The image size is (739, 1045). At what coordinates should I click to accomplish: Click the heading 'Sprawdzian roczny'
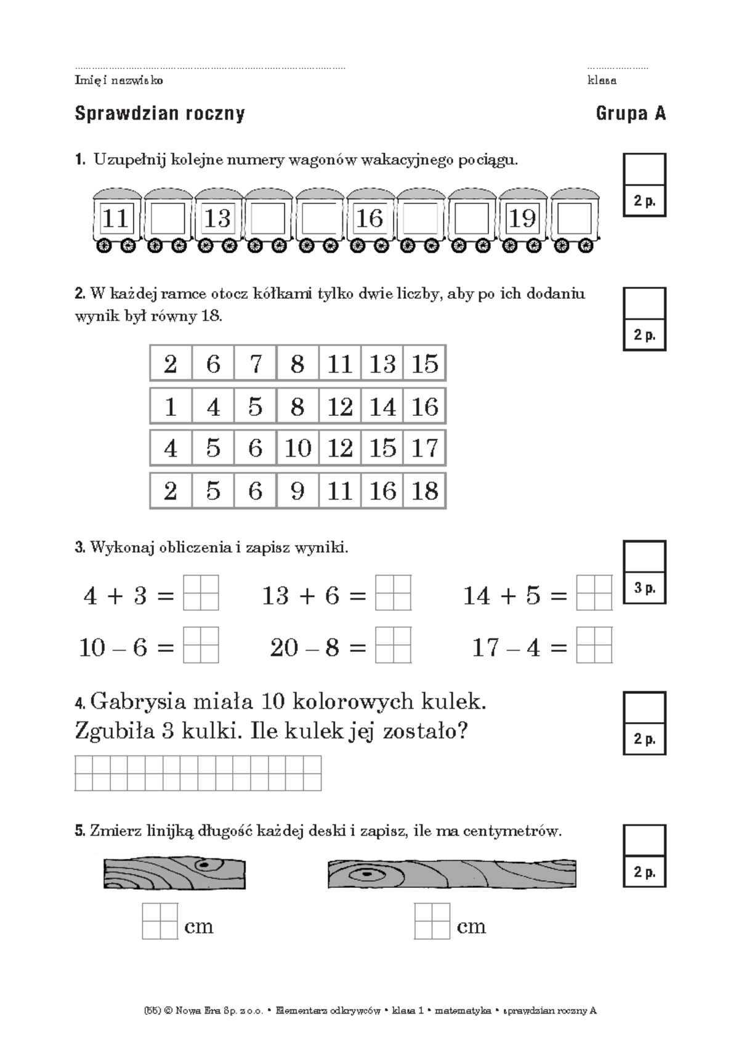[x=160, y=114]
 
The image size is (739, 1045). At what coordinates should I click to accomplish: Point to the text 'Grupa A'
[x=631, y=114]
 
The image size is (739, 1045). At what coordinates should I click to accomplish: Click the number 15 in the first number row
[x=424, y=364]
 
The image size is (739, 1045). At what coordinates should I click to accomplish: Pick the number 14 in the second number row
[x=382, y=407]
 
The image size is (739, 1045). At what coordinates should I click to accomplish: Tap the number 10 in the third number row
[x=297, y=448]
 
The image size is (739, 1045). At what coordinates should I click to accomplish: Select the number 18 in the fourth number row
[x=424, y=491]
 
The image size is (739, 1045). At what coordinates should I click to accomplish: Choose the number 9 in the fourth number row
[x=297, y=491]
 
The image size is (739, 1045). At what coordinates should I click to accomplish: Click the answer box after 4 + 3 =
[x=201, y=593]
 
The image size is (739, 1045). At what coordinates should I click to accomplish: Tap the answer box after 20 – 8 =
[x=394, y=644]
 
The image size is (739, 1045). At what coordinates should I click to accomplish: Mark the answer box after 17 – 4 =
[x=594, y=644]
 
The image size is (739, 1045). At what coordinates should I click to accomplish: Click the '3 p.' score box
[x=645, y=588]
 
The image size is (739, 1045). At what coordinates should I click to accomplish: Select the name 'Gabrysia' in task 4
[x=138, y=702]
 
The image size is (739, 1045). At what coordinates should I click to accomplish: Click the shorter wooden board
[x=174, y=872]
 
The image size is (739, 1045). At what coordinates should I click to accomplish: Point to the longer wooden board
[x=451, y=874]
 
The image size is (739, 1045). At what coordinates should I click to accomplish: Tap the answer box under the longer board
[x=432, y=921]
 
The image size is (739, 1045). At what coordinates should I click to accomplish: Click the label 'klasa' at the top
[x=602, y=81]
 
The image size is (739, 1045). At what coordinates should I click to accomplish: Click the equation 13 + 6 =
[x=314, y=596]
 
